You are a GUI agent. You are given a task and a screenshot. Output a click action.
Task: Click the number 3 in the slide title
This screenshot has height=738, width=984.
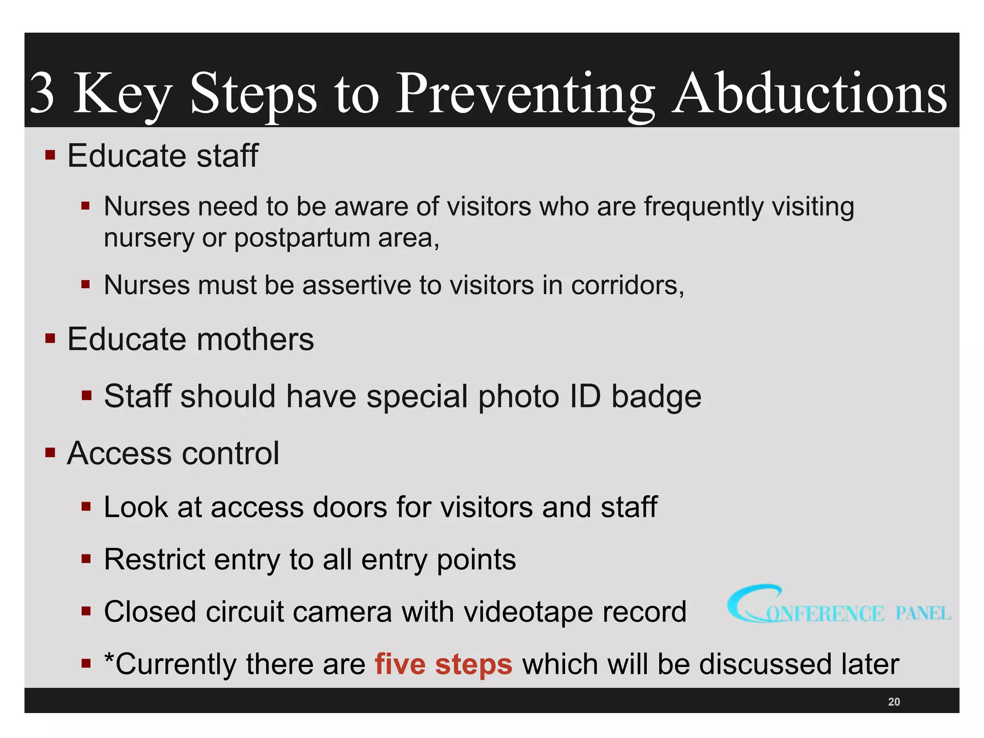[42, 93]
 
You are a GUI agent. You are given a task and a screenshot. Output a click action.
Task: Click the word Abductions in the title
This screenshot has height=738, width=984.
[809, 93]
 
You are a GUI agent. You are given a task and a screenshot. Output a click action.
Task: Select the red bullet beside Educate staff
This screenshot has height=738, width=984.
[50, 155]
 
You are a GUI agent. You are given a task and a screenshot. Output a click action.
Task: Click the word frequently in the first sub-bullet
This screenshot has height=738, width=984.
[703, 207]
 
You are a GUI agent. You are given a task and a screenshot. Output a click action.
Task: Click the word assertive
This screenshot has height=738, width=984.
[357, 285]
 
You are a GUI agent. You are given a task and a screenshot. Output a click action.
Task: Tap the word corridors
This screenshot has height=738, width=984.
[627, 285]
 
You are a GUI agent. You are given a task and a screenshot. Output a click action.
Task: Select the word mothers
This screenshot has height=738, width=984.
[255, 339]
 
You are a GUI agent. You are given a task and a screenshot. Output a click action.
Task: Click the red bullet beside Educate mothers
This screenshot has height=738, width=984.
[50, 338]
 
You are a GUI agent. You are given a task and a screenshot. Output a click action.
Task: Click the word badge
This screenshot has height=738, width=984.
[656, 397]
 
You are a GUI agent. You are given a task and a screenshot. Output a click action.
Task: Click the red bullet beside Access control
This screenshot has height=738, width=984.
[50, 453]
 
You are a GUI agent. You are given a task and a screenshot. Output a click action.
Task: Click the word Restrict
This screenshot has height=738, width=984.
[155, 559]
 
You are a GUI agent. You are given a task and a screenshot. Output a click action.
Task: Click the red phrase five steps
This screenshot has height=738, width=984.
[443, 664]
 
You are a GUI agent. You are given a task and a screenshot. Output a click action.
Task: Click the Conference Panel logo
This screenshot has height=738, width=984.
[838, 606]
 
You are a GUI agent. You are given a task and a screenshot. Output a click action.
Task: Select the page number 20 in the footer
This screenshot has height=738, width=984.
[894, 701]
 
